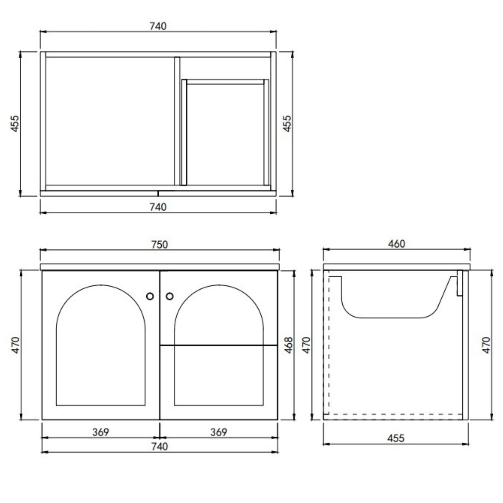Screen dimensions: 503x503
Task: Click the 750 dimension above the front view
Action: pos(159,244)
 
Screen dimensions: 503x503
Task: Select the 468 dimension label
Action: pos(289,345)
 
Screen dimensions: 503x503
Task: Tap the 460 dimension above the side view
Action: pos(396,244)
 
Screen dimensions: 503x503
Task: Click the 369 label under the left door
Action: pos(100,432)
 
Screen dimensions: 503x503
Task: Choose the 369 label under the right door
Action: pos(218,432)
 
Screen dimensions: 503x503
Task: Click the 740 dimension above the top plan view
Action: pos(158,26)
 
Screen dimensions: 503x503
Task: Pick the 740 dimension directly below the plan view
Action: pos(158,207)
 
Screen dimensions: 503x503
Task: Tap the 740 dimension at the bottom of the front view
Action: pos(159,447)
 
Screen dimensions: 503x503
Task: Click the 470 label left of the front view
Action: pos(16,345)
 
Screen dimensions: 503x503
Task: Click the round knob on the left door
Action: pos(150,296)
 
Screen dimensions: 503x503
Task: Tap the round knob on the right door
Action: pos(169,296)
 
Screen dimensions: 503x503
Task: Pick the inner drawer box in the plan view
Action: pos(225,133)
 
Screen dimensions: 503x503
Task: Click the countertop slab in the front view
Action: pos(160,267)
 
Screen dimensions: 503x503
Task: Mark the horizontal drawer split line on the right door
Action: pos(219,345)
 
